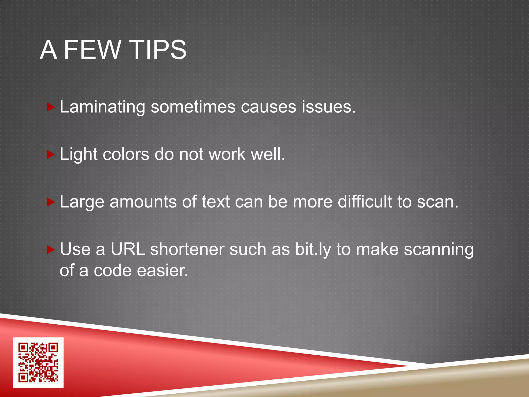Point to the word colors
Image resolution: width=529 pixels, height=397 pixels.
pyautogui.click(x=126, y=155)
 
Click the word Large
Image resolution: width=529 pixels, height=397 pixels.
pyautogui.click(x=82, y=202)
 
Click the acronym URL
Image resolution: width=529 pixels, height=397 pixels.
pyautogui.click(x=128, y=249)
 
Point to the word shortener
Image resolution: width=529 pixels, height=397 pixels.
pyautogui.click(x=187, y=249)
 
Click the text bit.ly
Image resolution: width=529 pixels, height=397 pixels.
pyautogui.click(x=313, y=250)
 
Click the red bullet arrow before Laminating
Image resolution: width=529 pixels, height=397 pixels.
pyautogui.click(x=50, y=107)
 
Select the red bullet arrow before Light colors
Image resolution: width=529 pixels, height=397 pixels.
pyautogui.click(x=50, y=155)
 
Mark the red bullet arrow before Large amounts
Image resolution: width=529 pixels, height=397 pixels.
pyautogui.click(x=50, y=202)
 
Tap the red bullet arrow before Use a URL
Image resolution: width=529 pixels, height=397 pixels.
pyautogui.click(x=50, y=250)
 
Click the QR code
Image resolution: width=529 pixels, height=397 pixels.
pyautogui.click(x=38, y=362)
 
